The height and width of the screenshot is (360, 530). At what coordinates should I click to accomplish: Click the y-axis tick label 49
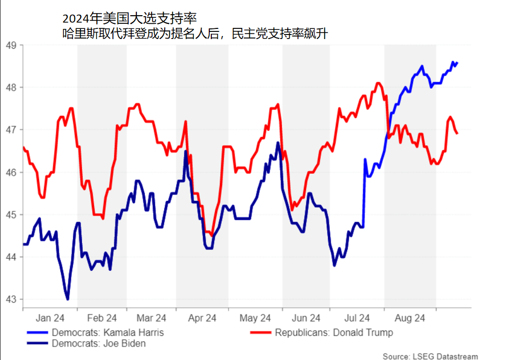[11, 45]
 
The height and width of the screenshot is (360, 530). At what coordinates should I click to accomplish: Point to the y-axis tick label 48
[11, 87]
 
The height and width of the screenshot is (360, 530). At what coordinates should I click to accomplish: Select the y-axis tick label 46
[11, 172]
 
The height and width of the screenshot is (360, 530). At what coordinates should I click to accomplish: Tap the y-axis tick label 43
[11, 300]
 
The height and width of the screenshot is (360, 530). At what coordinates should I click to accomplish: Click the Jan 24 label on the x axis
[50, 318]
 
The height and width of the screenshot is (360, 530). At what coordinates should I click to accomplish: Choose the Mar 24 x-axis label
[152, 318]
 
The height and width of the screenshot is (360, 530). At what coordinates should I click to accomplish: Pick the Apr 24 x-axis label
[202, 318]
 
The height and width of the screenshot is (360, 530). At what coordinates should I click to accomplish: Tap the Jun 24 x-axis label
[306, 318]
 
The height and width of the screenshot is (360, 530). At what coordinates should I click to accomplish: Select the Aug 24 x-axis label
[410, 318]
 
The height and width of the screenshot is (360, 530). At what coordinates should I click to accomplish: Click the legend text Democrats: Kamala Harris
[107, 333]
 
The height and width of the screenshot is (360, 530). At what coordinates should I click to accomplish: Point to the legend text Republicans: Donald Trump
[334, 333]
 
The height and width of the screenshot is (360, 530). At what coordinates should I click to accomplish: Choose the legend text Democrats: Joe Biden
[98, 343]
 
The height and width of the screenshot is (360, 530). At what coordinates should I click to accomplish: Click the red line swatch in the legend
[260, 333]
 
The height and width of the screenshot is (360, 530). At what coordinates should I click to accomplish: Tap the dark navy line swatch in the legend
[36, 343]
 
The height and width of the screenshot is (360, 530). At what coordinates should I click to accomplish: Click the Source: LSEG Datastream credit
[430, 356]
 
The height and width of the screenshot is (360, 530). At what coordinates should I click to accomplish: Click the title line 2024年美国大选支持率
[129, 19]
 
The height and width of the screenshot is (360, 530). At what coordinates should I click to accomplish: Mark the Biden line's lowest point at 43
[68, 299]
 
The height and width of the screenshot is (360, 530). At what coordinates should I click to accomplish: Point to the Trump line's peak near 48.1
[378, 83]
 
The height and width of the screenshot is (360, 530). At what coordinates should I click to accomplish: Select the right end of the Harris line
[457, 63]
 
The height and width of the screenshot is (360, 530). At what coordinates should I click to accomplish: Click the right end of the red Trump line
[457, 133]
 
